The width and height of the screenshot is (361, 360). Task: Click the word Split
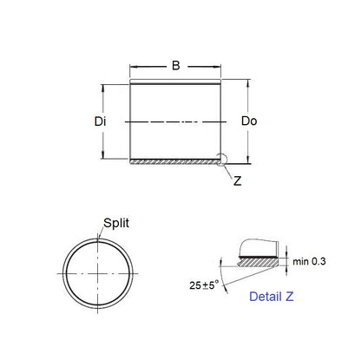point(117,223)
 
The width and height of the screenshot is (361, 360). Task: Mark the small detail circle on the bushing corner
point(223,159)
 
